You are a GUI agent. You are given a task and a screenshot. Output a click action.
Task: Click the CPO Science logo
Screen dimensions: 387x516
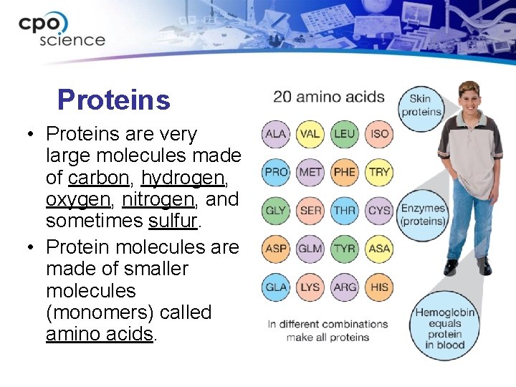click(62, 30)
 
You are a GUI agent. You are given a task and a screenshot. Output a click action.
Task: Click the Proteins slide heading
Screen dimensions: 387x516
click(114, 100)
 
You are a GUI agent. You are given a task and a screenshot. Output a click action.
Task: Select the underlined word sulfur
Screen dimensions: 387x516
click(175, 221)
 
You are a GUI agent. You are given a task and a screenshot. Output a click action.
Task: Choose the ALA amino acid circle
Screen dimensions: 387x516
click(275, 134)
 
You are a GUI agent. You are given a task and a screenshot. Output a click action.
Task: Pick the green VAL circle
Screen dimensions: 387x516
click(310, 134)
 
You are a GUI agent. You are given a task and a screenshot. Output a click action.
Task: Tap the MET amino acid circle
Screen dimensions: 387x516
click(310, 172)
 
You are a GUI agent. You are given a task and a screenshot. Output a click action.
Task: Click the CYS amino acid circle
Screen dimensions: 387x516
click(378, 211)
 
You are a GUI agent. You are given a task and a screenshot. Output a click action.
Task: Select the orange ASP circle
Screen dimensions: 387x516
click(275, 249)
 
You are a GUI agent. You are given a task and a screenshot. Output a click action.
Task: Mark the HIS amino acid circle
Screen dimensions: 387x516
click(378, 287)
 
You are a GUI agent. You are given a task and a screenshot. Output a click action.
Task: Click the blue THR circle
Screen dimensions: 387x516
click(344, 211)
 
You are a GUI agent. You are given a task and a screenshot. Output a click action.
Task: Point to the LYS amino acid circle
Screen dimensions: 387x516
click(310, 287)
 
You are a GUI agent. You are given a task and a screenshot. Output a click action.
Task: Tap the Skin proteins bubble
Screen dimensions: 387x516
click(421, 106)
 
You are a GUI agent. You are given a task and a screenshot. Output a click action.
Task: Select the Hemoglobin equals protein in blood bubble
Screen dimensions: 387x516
click(444, 328)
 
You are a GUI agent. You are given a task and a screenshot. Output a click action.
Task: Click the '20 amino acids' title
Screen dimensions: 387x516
click(329, 97)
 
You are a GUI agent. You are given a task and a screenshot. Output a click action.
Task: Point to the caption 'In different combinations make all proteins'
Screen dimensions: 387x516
click(328, 330)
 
